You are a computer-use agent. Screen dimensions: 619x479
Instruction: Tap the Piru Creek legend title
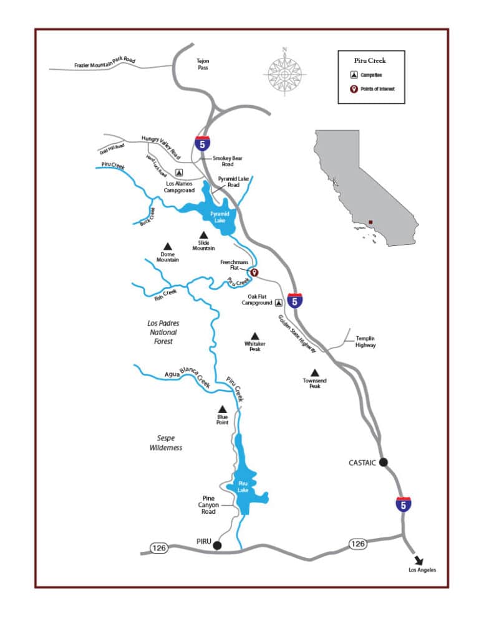[371, 61]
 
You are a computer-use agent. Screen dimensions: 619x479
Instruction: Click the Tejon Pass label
[203, 64]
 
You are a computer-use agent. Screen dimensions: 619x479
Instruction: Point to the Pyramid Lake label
[219, 217]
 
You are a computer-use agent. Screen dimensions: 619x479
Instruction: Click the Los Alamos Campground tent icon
[179, 172]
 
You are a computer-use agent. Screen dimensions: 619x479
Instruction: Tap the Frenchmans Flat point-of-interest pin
[254, 273]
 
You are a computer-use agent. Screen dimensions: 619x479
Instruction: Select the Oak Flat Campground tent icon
[278, 303]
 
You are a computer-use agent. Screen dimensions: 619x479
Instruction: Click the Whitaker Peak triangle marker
[254, 336]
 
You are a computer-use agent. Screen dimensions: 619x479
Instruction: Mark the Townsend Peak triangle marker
[314, 372]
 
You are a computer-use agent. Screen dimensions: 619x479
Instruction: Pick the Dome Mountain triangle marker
[167, 246]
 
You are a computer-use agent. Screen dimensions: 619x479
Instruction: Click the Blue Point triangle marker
[222, 409]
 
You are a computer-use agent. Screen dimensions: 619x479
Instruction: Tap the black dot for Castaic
[383, 462]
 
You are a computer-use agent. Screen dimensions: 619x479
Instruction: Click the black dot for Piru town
[217, 546]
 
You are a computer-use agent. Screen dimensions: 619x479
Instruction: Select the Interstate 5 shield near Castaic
[404, 504]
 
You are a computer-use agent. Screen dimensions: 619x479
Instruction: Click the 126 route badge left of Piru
[160, 548]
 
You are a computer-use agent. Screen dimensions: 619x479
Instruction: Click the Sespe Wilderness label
[166, 443]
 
